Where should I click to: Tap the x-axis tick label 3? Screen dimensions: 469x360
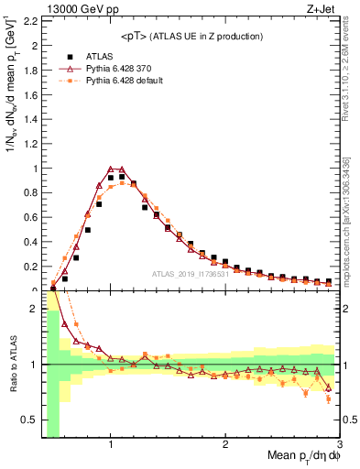(339, 445)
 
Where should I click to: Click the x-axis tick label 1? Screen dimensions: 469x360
(111, 445)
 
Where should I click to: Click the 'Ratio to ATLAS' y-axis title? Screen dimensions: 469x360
(11, 364)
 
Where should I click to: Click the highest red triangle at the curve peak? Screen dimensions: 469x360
(111, 169)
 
